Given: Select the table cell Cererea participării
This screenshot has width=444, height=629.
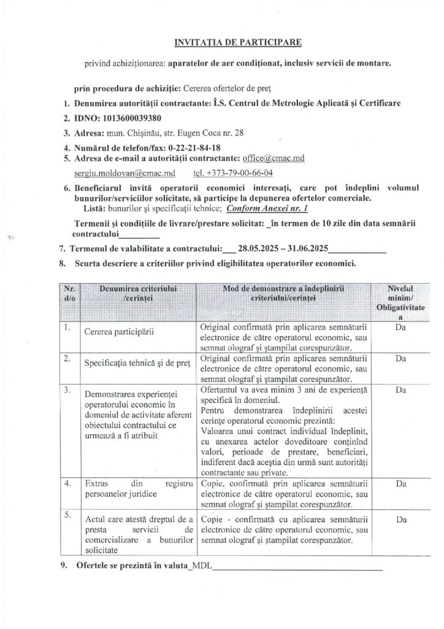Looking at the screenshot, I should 119,332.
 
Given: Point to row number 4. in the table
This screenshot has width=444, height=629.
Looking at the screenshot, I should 67,484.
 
